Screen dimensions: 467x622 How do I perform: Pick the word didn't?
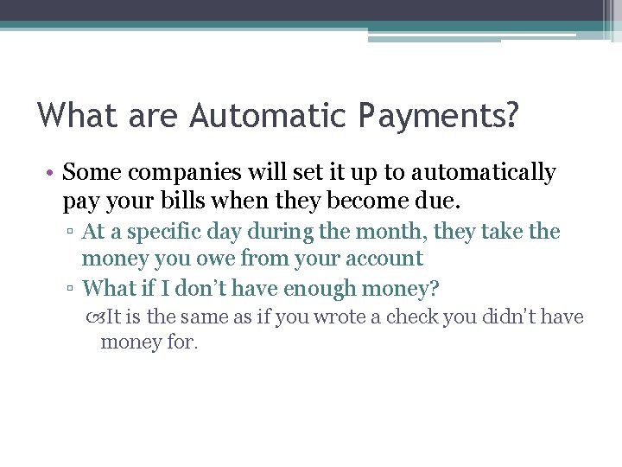[504, 317]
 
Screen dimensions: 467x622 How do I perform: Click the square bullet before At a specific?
[72, 233]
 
